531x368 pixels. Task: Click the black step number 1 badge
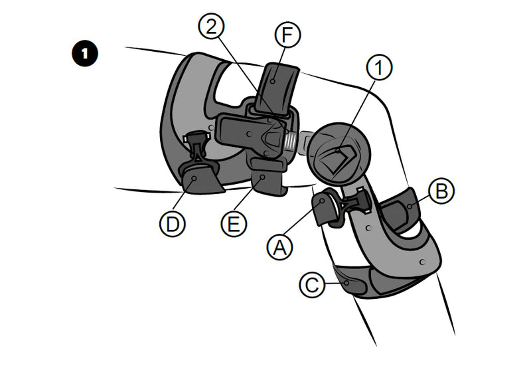[x=85, y=54]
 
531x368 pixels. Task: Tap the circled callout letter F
[x=287, y=35]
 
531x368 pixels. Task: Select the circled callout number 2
[x=211, y=27]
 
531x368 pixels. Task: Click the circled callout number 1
[x=379, y=67]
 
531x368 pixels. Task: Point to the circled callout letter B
[x=441, y=191]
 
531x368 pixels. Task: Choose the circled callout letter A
[x=279, y=247]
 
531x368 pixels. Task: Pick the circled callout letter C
[x=312, y=285]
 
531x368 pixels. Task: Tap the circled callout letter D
[x=173, y=224]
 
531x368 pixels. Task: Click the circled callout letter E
[x=234, y=224]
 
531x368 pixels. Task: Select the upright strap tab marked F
[x=277, y=89]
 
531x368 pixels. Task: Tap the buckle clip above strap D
[x=196, y=146]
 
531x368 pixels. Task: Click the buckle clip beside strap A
[x=357, y=203]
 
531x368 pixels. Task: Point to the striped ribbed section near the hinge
[x=289, y=141]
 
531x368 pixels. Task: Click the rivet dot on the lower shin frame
[x=422, y=262]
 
